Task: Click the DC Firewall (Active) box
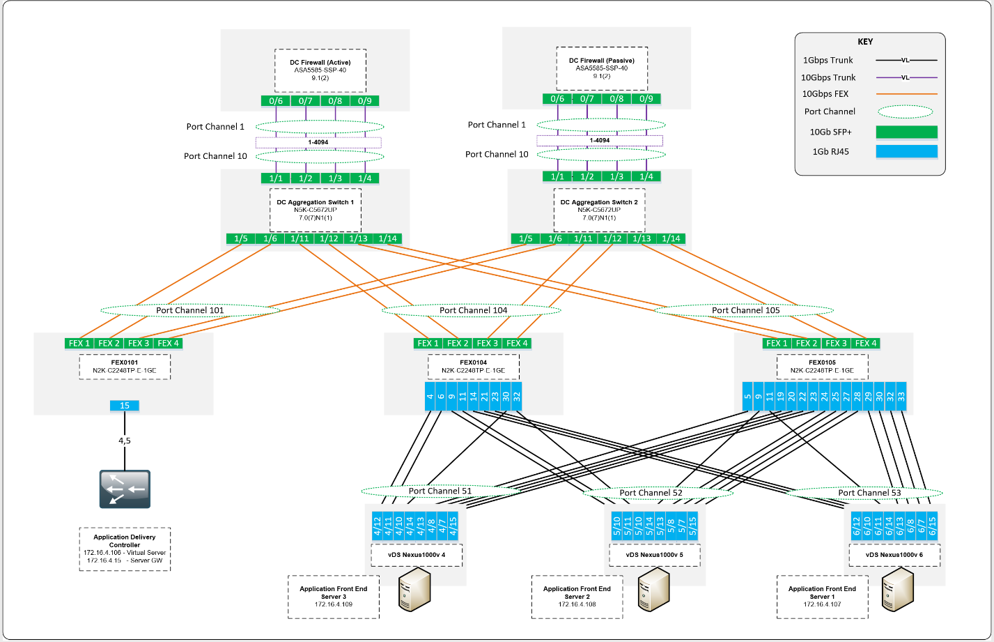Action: (x=320, y=70)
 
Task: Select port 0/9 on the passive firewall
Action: (x=646, y=99)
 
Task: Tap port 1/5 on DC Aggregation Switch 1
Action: (x=241, y=239)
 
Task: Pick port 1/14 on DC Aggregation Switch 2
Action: (x=671, y=239)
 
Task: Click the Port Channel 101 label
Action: (x=189, y=310)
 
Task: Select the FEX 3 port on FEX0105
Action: (x=836, y=343)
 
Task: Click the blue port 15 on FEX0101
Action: (x=125, y=406)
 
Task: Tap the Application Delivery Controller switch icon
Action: (x=125, y=487)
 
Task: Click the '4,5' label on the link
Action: (x=125, y=441)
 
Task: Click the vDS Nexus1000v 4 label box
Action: (x=417, y=556)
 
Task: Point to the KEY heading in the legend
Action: (x=865, y=42)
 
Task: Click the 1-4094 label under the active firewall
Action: (x=318, y=142)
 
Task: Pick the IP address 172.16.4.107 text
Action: (x=821, y=604)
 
